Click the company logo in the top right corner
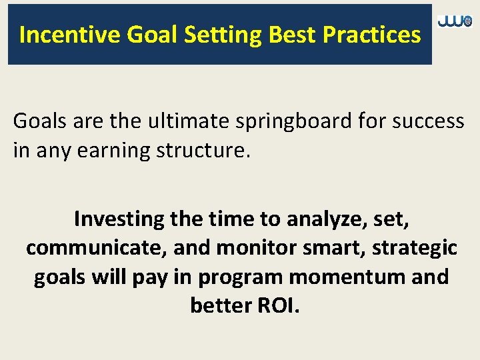tap(455, 22)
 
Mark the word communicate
tap(96, 248)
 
